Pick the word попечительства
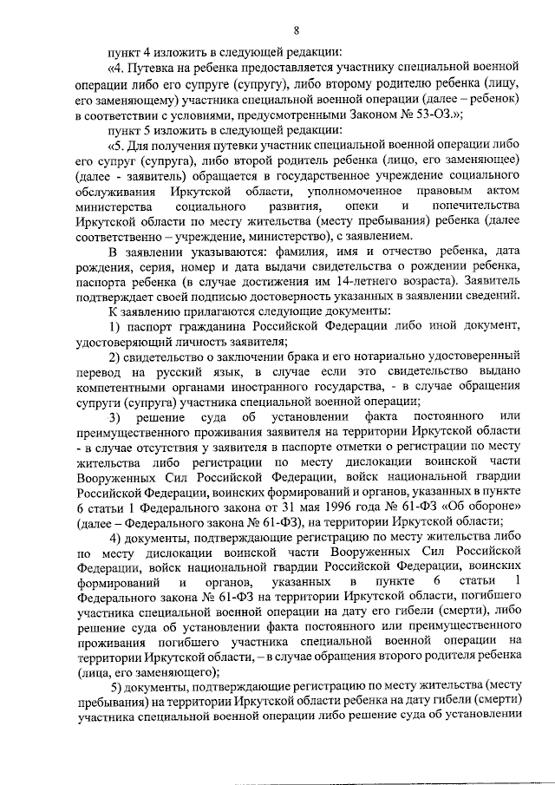[x=473, y=206]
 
